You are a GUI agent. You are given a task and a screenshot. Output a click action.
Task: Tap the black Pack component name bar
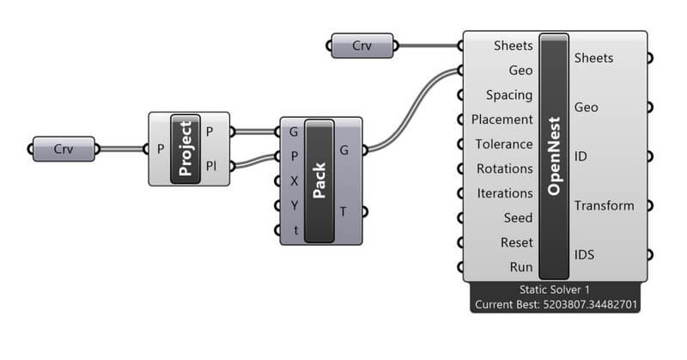(x=319, y=180)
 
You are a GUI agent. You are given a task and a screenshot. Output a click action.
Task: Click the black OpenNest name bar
(x=554, y=155)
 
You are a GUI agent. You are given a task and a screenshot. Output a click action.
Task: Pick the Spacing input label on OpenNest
(x=508, y=95)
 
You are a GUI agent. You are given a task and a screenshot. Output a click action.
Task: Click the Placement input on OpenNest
(x=502, y=119)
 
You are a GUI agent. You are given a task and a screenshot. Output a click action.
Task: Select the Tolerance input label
(x=504, y=144)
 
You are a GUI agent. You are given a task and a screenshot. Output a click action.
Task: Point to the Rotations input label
(x=505, y=168)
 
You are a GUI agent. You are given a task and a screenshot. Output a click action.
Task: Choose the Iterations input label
(x=505, y=193)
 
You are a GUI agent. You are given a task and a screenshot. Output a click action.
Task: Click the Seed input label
(x=517, y=218)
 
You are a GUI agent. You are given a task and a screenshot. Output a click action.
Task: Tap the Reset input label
(x=516, y=242)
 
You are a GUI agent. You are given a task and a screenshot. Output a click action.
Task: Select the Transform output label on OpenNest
(x=604, y=205)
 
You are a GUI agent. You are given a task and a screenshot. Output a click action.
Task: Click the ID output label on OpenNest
(x=581, y=156)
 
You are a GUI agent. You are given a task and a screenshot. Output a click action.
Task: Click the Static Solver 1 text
(x=554, y=290)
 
